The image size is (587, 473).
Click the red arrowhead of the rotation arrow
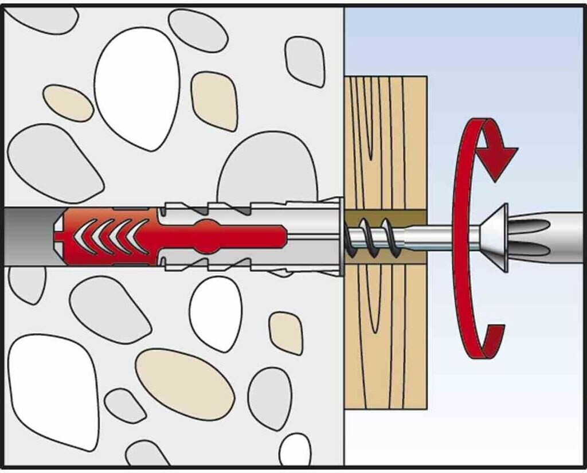[497, 159]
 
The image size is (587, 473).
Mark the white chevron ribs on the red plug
[109, 236]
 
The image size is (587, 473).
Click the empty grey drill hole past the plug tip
[29, 236]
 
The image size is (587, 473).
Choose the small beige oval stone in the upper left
[68, 103]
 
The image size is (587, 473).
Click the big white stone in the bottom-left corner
[52, 390]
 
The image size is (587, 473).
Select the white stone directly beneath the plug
[216, 312]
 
